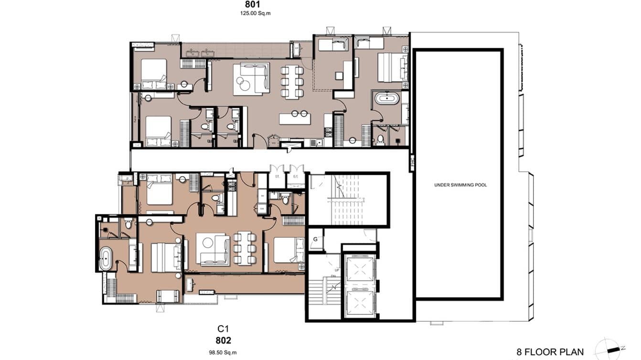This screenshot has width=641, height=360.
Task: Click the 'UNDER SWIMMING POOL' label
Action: [x=460, y=185]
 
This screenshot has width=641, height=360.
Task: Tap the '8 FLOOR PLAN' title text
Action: [x=550, y=352]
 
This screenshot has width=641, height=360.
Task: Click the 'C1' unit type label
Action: [x=223, y=328]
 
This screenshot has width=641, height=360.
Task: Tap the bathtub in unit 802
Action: [x=105, y=259]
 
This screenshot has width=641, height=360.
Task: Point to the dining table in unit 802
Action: [x=244, y=248]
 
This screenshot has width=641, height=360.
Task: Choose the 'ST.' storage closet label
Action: [x=276, y=177]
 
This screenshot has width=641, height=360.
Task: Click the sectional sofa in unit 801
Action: [x=251, y=78]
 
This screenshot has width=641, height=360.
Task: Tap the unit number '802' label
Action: [x=223, y=340]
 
